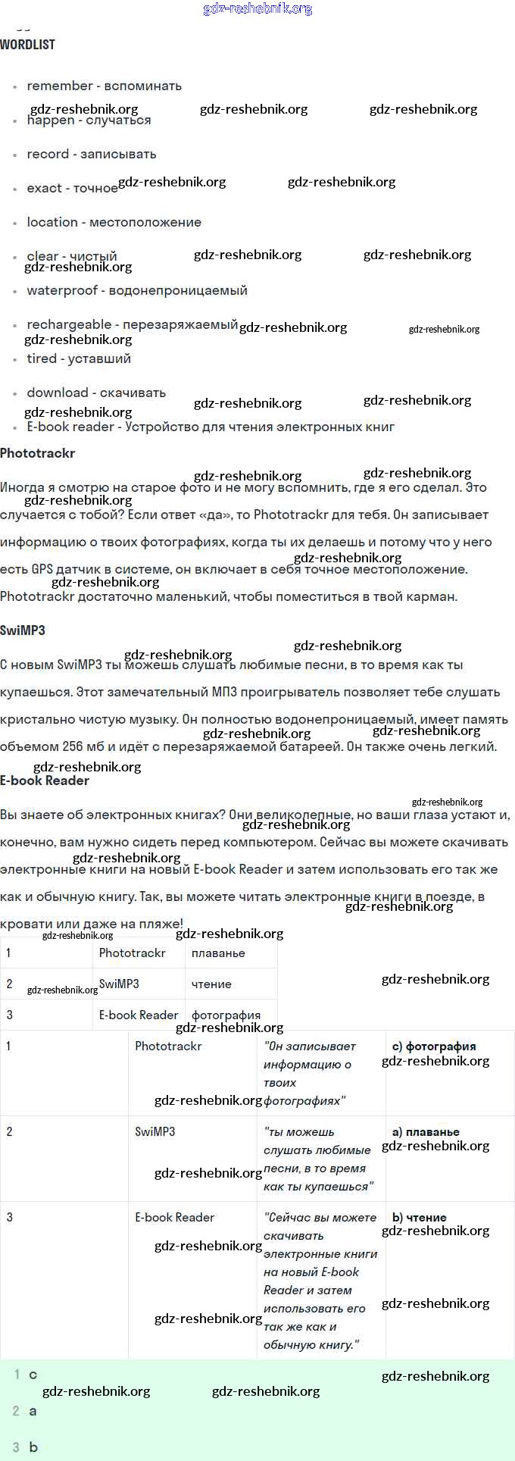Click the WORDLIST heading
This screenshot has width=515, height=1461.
click(27, 45)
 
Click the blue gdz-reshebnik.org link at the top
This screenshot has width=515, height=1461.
click(257, 9)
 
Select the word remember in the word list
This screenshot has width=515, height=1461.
click(60, 86)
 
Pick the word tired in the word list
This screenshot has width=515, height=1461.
click(42, 359)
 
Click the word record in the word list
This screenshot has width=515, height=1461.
click(48, 155)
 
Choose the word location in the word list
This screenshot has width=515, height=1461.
click(52, 223)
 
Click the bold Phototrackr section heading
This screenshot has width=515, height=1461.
click(38, 454)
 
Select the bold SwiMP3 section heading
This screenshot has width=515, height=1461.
click(23, 630)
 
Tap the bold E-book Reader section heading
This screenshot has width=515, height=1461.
click(45, 781)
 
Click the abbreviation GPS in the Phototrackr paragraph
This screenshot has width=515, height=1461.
click(42, 570)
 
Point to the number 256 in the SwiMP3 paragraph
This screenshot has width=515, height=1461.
click(73, 747)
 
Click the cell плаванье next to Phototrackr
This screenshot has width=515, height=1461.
click(218, 953)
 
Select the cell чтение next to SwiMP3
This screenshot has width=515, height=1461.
click(211, 984)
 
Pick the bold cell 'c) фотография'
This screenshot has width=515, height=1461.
click(434, 1046)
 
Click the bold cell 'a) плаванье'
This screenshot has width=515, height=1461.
click(426, 1132)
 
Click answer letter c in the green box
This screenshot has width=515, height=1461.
click(33, 1375)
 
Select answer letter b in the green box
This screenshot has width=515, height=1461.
click(33, 1447)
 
